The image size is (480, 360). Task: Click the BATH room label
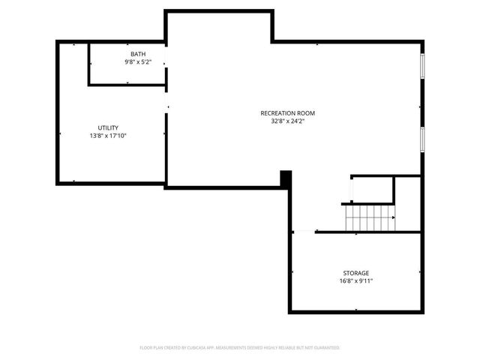click(138, 54)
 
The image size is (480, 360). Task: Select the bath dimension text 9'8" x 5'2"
click(138, 61)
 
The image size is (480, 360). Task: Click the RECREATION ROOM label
click(282, 112)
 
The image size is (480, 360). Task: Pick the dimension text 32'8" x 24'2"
click(282, 121)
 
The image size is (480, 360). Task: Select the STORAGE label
click(356, 273)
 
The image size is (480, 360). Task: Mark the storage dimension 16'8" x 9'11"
click(356, 281)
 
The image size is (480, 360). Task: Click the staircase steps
click(370, 218)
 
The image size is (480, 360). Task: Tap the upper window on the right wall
click(422, 65)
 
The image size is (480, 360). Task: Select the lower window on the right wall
click(422, 139)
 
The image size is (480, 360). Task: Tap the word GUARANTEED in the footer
click(326, 348)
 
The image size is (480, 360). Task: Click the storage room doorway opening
click(303, 232)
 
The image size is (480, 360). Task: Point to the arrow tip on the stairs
click(393, 218)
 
